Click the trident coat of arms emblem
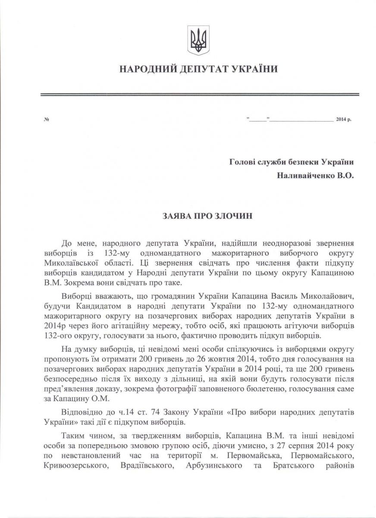click(x=199, y=41)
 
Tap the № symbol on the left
click(x=46, y=119)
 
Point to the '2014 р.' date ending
click(x=343, y=119)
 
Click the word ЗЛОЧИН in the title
click(x=235, y=215)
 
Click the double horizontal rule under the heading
click(x=199, y=95)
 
